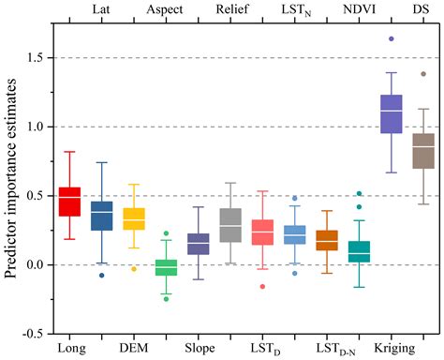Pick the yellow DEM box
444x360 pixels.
[x=134, y=218]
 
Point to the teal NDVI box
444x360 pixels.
[x=359, y=251]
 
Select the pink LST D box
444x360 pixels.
[x=262, y=232]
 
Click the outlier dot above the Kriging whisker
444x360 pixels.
[x=391, y=39]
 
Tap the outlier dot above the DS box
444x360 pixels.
[x=423, y=74]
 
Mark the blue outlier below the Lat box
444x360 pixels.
[x=102, y=276]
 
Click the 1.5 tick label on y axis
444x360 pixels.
[x=36, y=58]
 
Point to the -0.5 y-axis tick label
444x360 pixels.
[x=34, y=333]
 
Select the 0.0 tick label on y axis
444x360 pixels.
[x=36, y=264]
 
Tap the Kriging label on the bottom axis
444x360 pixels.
[x=390, y=349]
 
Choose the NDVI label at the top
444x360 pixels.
[x=359, y=9]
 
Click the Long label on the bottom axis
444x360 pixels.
[x=69, y=349]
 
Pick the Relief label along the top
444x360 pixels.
[x=231, y=9]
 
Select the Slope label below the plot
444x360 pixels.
[x=199, y=349]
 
